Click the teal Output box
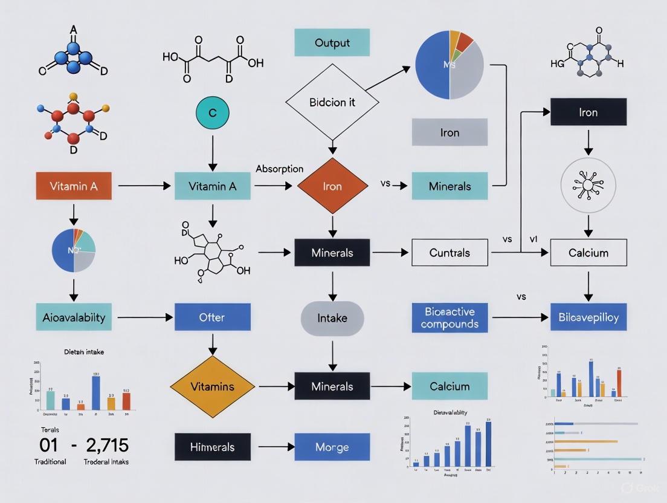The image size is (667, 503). click(x=332, y=43)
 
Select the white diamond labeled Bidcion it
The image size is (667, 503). click(x=332, y=102)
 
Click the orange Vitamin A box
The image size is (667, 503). click(x=74, y=186)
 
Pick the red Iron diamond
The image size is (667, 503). click(x=332, y=186)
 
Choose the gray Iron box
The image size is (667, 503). click(x=449, y=132)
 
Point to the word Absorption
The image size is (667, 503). click(x=279, y=169)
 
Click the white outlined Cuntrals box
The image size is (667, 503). click(x=449, y=253)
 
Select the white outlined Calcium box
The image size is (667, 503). click(x=588, y=253)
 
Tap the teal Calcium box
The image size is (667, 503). click(x=449, y=386)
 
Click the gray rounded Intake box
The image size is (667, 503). click(x=332, y=317)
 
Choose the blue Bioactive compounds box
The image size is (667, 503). click(x=449, y=317)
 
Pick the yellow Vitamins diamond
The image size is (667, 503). click(x=212, y=386)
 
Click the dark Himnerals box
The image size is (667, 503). click(x=212, y=447)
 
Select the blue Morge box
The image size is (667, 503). click(x=332, y=447)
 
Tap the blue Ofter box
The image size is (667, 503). click(x=212, y=317)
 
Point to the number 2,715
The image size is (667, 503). click(x=107, y=446)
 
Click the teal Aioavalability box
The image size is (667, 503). click(x=74, y=317)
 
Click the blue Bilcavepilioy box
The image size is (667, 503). click(x=588, y=317)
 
